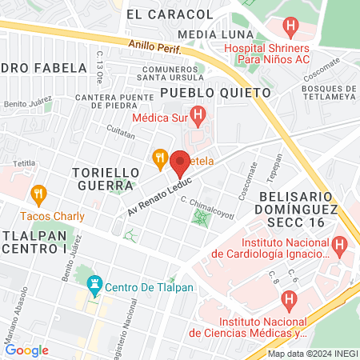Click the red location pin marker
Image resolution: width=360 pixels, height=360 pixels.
point(180,162)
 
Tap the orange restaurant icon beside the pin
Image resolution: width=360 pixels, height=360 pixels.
point(160,158)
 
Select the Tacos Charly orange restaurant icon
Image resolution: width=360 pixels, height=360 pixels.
point(37,194)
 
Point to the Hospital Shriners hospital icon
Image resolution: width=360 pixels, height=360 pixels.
point(290,26)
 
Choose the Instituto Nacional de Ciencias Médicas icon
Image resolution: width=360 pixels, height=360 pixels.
point(290,300)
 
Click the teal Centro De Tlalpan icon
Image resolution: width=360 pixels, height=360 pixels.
point(94,284)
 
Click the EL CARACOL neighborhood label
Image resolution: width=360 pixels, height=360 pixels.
point(170,14)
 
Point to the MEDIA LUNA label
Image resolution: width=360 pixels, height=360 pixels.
point(210,34)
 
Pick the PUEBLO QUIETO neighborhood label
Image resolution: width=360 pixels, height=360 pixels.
point(215,93)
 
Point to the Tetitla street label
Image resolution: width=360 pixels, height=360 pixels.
point(23,162)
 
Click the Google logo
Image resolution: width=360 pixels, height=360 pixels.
point(26,350)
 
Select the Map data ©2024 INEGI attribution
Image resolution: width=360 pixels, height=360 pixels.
point(312,354)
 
